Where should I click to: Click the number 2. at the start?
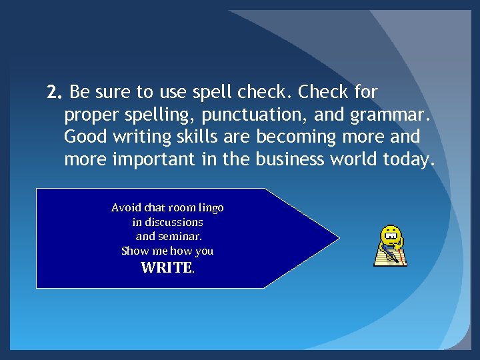click(55, 91)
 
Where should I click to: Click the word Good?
click(83, 137)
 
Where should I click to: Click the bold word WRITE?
click(166, 268)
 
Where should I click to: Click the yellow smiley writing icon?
click(391, 245)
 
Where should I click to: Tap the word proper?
click(92, 115)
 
